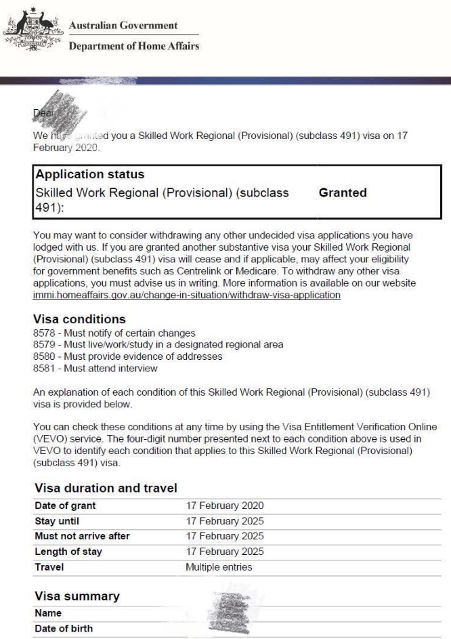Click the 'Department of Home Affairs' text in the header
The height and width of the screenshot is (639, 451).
coord(134,46)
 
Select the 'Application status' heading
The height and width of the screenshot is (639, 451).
coord(89,174)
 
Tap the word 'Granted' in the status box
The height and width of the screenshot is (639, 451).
coord(343,192)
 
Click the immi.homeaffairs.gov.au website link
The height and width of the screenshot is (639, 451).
coord(186,295)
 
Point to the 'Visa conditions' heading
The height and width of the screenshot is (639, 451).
coord(79,319)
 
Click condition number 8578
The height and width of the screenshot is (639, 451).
coord(43,333)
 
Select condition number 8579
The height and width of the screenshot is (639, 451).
coord(43,345)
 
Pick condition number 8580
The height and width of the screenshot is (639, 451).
coord(43,356)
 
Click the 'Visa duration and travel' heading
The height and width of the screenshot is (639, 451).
coord(105,487)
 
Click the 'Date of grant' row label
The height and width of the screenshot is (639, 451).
coord(65,506)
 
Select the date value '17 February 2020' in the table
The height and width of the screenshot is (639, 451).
coord(225,506)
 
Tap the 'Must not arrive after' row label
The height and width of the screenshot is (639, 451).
coord(82,537)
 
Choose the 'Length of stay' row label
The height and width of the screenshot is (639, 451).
coord(68,552)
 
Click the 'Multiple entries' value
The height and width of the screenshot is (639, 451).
coord(219,567)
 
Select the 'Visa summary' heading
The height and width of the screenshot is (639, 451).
coord(77,596)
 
